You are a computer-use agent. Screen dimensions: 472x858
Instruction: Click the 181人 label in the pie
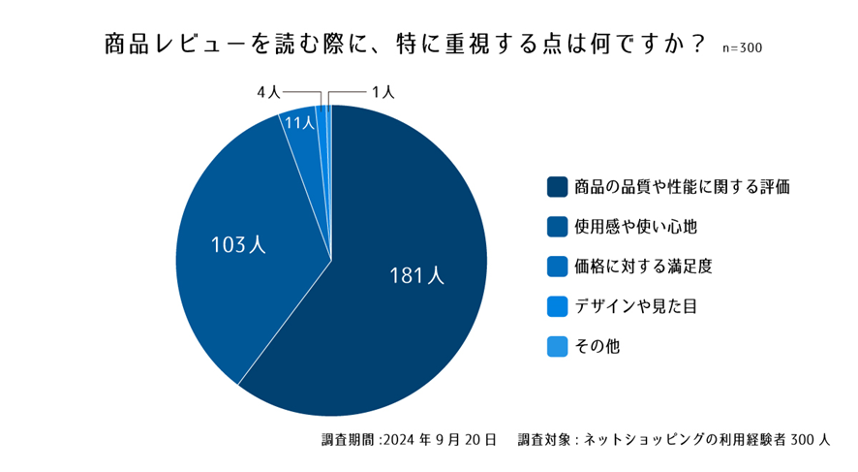point(416,276)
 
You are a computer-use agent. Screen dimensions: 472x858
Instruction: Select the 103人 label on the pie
point(238,245)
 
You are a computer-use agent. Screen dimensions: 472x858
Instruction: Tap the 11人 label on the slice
point(299,123)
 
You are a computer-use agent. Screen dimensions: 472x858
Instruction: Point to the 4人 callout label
point(268,92)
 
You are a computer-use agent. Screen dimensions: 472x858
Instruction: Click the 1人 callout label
point(383,92)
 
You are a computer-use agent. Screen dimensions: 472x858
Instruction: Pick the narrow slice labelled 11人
point(304,145)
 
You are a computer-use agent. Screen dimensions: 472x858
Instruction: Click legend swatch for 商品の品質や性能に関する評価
point(557,186)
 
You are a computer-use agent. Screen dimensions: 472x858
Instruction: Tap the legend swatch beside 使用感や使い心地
point(557,226)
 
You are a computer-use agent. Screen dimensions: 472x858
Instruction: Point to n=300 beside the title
point(742,48)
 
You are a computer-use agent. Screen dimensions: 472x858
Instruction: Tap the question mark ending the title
point(697,46)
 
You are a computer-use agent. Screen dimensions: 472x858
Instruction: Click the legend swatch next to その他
point(557,345)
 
